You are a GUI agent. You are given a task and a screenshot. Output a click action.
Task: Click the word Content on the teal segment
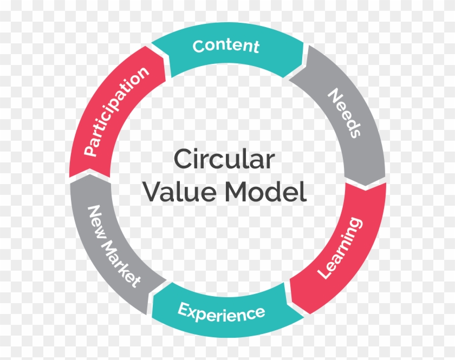[x=226, y=46]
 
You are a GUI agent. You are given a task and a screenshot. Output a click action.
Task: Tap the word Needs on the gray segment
[x=344, y=113]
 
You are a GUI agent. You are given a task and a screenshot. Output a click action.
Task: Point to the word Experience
[x=222, y=312]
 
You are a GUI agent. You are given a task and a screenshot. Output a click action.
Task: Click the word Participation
[x=116, y=112]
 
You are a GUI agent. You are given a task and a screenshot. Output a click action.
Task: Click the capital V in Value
[x=152, y=192]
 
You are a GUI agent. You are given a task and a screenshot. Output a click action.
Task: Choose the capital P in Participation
[x=89, y=151]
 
